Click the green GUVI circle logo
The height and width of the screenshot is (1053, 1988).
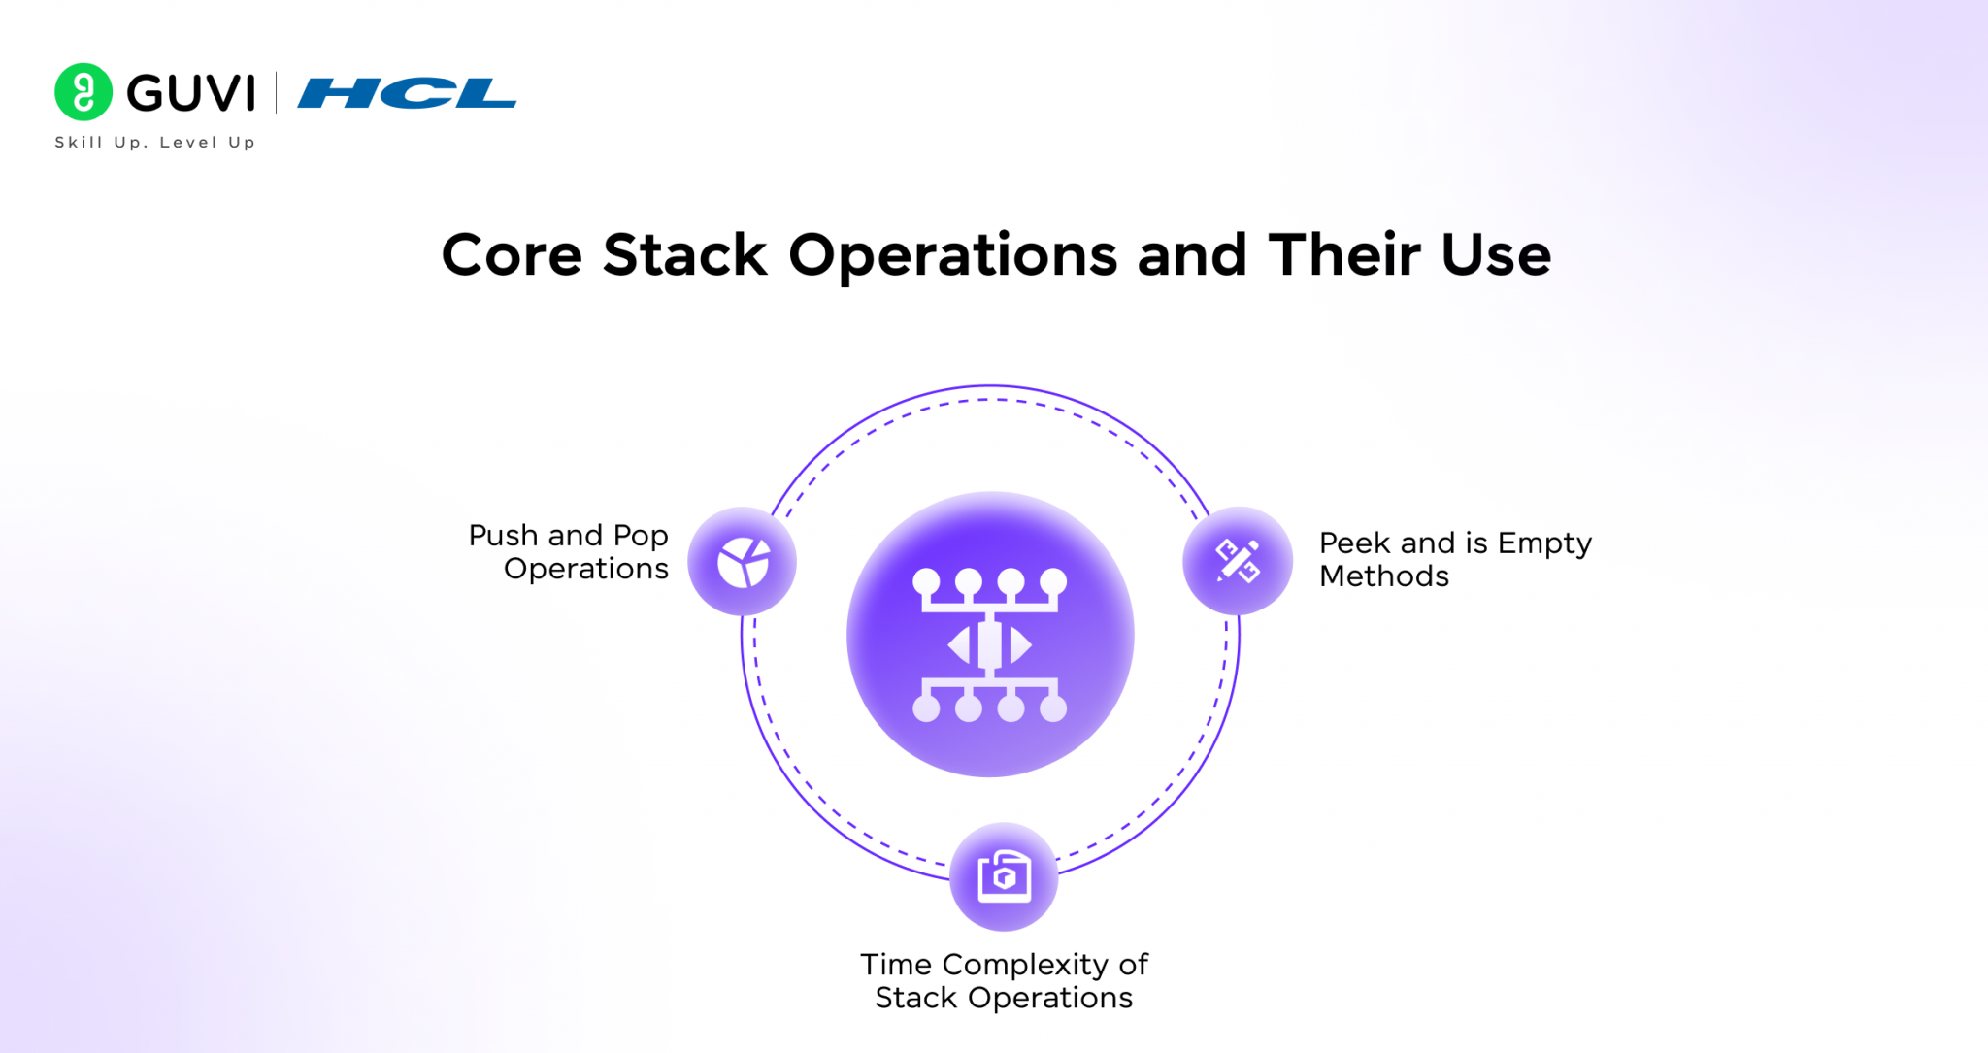[83, 92]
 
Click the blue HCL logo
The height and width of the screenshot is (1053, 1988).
[407, 94]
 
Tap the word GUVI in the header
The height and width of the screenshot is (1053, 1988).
[191, 94]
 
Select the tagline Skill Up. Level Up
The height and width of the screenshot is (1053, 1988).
[155, 143]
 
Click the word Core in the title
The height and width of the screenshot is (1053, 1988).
[512, 256]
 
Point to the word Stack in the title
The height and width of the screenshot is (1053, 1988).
[684, 256]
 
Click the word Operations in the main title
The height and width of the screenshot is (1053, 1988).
[952, 256]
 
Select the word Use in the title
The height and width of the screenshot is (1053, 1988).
[1496, 256]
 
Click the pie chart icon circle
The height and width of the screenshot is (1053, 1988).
[743, 562]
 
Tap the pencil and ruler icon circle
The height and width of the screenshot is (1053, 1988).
[1238, 561]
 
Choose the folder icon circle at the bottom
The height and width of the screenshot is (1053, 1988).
[1004, 876]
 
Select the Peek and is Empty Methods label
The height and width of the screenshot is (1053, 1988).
[1453, 560]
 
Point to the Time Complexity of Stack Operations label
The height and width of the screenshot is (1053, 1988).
[1004, 981]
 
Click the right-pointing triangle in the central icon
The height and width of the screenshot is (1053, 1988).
[1018, 645]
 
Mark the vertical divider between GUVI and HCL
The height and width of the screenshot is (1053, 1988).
[277, 93]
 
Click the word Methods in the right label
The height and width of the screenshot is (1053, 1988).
[1384, 576]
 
